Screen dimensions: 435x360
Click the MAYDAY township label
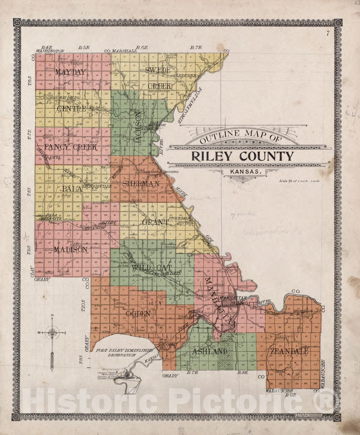pyautogui.click(x=70, y=72)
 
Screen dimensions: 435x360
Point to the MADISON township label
pyautogui.click(x=70, y=250)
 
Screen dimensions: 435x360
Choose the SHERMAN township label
pyautogui.click(x=140, y=184)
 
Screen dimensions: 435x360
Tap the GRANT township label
pyautogui.click(x=155, y=222)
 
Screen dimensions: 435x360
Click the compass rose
pyautogui.click(x=52, y=333)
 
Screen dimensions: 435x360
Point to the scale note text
pyautogui.click(x=296, y=181)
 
